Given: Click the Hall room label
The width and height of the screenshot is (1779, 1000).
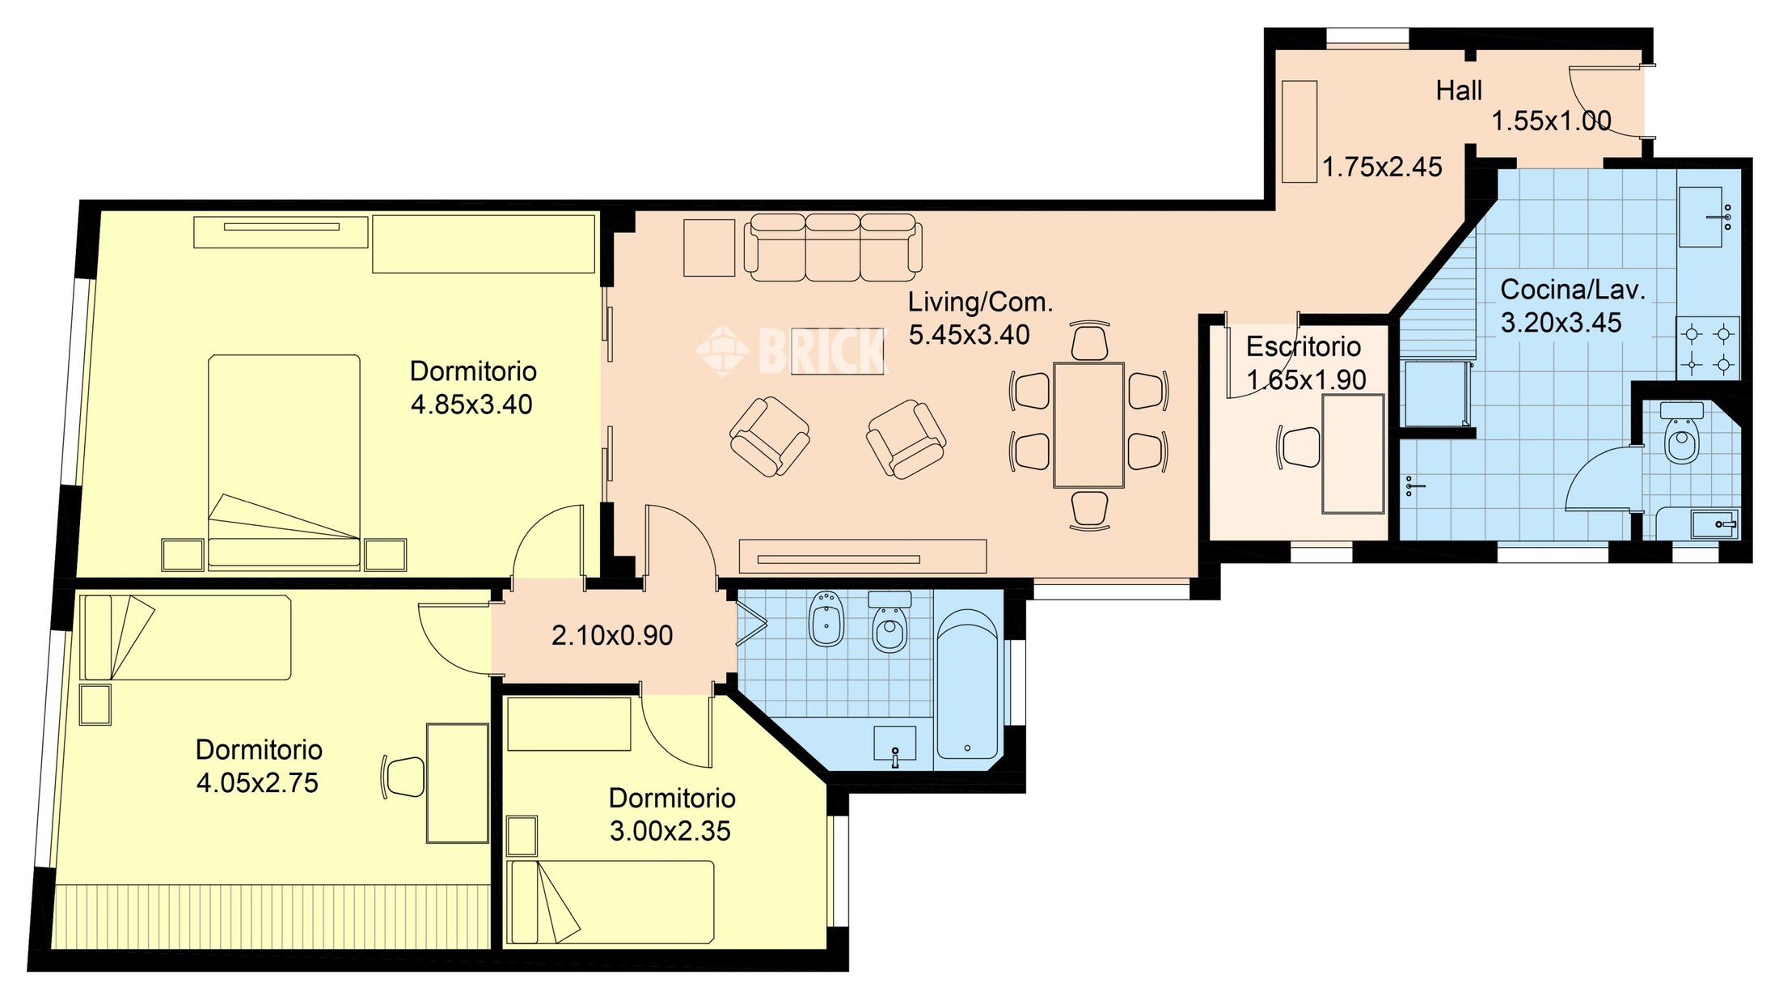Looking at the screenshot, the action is (1459, 91).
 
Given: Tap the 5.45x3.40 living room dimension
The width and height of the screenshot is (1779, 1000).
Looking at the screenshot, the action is (969, 335).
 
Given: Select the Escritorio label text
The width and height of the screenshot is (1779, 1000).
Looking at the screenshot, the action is (1303, 347).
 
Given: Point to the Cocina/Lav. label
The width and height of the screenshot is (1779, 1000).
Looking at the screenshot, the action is (1573, 290).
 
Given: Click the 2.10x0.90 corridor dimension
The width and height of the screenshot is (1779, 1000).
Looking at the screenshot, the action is (612, 636).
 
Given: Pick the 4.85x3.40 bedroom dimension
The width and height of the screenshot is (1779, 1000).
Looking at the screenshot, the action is (471, 405).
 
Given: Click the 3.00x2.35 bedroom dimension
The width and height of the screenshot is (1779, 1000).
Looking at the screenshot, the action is (670, 832).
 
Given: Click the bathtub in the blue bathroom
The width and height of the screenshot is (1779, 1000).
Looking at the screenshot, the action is (967, 684).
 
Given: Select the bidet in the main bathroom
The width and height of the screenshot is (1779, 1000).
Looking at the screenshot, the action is (826, 619).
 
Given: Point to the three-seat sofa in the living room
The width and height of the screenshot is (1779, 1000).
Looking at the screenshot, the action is (833, 247).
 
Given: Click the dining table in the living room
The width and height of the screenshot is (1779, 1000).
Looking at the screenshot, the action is (1089, 425).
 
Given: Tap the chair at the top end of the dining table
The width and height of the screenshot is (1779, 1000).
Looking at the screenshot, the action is (1089, 341).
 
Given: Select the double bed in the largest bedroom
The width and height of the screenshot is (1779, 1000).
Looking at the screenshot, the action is (284, 462).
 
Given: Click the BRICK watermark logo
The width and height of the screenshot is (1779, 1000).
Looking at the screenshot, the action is (792, 350).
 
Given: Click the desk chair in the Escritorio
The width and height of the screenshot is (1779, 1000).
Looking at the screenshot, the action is (1299, 447).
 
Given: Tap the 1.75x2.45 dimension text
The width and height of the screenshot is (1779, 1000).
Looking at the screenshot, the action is (1382, 167).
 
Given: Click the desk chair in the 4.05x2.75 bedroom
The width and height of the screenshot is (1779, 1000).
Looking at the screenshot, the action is (402, 777).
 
